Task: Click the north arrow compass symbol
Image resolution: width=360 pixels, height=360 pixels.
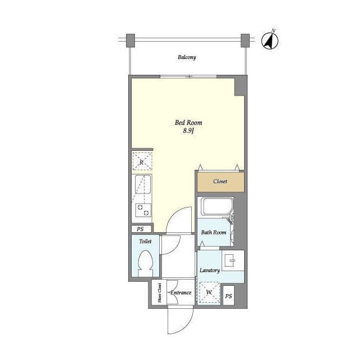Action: tap(270, 40)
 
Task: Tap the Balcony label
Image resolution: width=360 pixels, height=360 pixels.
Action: tap(187, 57)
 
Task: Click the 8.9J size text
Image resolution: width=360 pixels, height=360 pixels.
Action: tap(189, 131)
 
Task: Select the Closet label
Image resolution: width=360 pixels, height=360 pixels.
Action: tap(220, 181)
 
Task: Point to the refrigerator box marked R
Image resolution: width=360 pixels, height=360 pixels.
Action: tap(142, 161)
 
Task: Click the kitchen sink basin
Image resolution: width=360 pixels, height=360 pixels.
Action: tap(143, 184)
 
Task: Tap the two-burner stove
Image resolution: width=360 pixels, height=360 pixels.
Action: tap(143, 210)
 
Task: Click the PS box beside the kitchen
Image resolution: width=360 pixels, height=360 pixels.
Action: tap(141, 229)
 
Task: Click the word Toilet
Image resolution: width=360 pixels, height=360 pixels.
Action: tap(145, 241)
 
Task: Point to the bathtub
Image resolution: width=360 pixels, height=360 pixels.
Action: tap(217, 206)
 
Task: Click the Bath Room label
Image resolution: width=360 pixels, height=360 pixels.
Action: tap(214, 232)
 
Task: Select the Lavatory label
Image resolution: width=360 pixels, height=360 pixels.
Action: tap(210, 271)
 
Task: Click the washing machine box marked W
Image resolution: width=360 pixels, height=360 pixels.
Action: tap(209, 292)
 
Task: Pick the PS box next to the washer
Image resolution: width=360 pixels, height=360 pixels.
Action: tap(228, 295)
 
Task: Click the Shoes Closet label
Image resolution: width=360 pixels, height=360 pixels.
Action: tap(159, 292)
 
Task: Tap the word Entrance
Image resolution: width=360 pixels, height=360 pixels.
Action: tap(181, 292)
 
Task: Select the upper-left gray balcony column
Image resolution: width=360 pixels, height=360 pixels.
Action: tap(130, 40)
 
